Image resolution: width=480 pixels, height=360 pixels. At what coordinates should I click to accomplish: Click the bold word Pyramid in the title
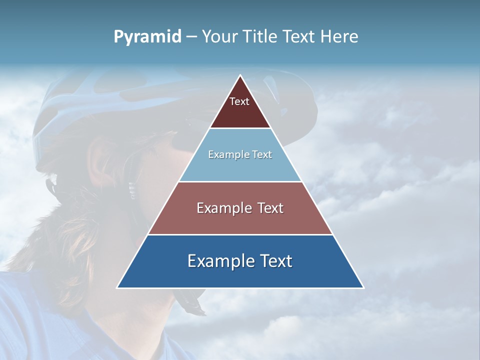(x=147, y=37)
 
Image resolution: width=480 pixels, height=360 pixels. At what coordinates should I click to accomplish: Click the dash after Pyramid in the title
(x=191, y=37)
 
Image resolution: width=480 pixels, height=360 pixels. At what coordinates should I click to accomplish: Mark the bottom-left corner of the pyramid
(x=117, y=287)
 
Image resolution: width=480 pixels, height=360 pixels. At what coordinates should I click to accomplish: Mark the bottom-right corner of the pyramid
(x=363, y=287)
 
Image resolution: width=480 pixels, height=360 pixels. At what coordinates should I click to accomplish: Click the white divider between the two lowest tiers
(x=240, y=234)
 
